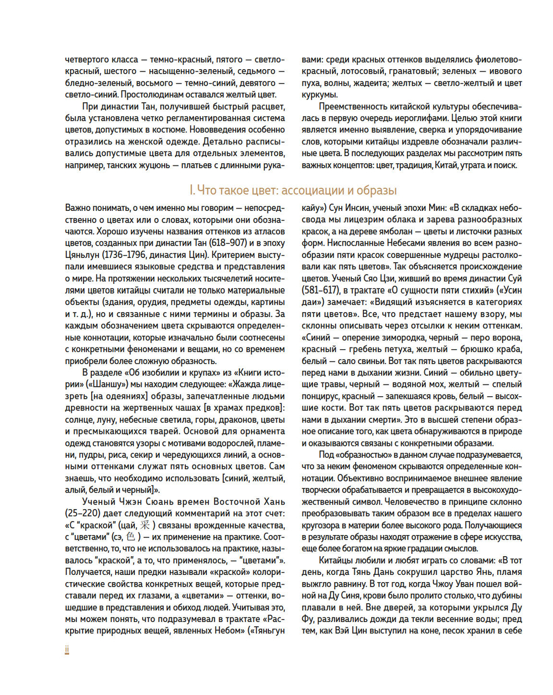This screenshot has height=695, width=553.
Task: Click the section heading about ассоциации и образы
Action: pyautogui.click(x=293, y=190)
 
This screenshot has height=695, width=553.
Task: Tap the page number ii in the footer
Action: pyautogui.click(x=67, y=650)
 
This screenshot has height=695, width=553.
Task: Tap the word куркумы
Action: pyautogui.click(x=319, y=95)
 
